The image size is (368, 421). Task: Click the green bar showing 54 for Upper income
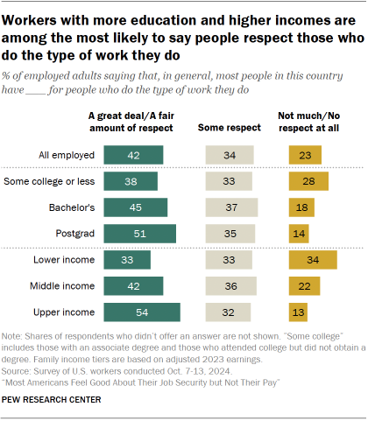coord(141,312)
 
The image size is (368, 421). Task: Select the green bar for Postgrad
coord(139,234)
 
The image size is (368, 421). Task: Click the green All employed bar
coord(133,155)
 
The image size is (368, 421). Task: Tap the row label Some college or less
coord(50,182)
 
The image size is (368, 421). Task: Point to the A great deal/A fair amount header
coord(132,122)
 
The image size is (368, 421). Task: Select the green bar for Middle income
coord(133,287)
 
